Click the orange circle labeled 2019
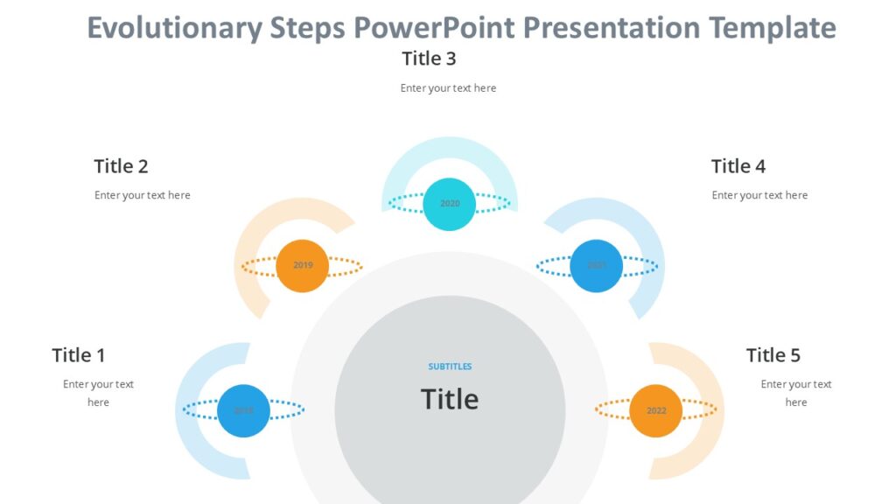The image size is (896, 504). point(302,265)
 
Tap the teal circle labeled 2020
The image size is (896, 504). point(449,204)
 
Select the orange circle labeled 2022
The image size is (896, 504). point(655,410)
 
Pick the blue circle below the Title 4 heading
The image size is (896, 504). point(596,265)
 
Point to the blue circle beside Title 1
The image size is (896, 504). point(243,410)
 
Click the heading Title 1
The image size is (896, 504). point(79,355)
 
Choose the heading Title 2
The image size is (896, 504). point(121,166)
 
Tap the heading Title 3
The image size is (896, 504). point(429,59)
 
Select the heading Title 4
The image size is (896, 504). point(738,166)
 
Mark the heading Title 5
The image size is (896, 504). point(773,355)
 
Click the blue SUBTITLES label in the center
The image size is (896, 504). point(450,367)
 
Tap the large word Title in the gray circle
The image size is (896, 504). point(450,399)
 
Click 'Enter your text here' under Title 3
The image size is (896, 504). point(448,88)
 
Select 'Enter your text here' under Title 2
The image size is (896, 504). point(142,195)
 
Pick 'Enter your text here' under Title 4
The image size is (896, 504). point(759,195)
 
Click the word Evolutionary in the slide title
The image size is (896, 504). point(174,29)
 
